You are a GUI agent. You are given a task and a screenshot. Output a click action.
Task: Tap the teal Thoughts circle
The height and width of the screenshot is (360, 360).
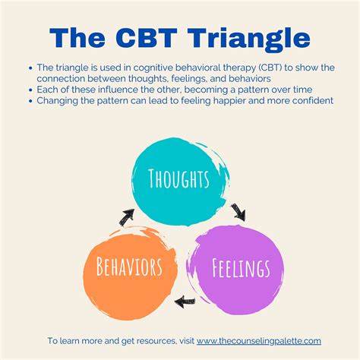pyautogui.click(x=180, y=180)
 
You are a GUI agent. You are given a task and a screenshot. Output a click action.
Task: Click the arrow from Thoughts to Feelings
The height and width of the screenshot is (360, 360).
pyautogui.click(x=238, y=209)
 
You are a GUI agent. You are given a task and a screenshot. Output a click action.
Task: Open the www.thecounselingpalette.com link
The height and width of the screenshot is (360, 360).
pyautogui.click(x=258, y=341)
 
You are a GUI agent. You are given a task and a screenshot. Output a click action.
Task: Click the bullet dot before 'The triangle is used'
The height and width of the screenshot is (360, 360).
pyautogui.click(x=30, y=68)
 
